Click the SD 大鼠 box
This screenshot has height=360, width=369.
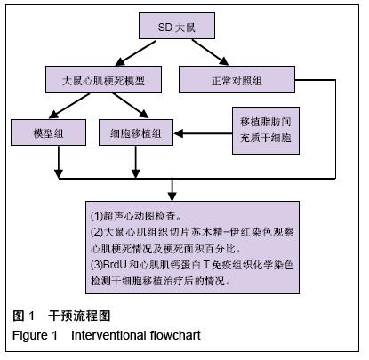[177, 26]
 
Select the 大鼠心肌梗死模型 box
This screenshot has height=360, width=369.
[103, 79]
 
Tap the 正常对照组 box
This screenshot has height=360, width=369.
[237, 79]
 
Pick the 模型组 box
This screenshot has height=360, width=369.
[48, 132]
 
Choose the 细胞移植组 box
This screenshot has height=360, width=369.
[136, 132]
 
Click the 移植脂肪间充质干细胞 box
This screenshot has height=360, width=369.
[266, 131]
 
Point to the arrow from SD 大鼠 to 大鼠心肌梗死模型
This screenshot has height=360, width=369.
[135, 53]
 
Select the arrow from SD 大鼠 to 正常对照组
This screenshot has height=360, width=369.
[210, 52]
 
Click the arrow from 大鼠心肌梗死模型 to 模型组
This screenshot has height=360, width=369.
[69, 106]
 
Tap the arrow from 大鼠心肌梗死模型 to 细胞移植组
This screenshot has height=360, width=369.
[131, 106]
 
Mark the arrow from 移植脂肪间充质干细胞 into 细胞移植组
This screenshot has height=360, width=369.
[204, 133]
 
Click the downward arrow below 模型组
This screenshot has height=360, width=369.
[59, 162]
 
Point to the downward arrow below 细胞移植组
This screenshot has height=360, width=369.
[135, 162]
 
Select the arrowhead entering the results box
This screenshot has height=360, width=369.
[172, 196]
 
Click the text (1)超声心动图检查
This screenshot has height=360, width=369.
[136, 216]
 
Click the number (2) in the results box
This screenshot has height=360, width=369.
[97, 232]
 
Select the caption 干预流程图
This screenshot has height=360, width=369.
[79, 316]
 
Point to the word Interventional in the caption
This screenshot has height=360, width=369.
[108, 335]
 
